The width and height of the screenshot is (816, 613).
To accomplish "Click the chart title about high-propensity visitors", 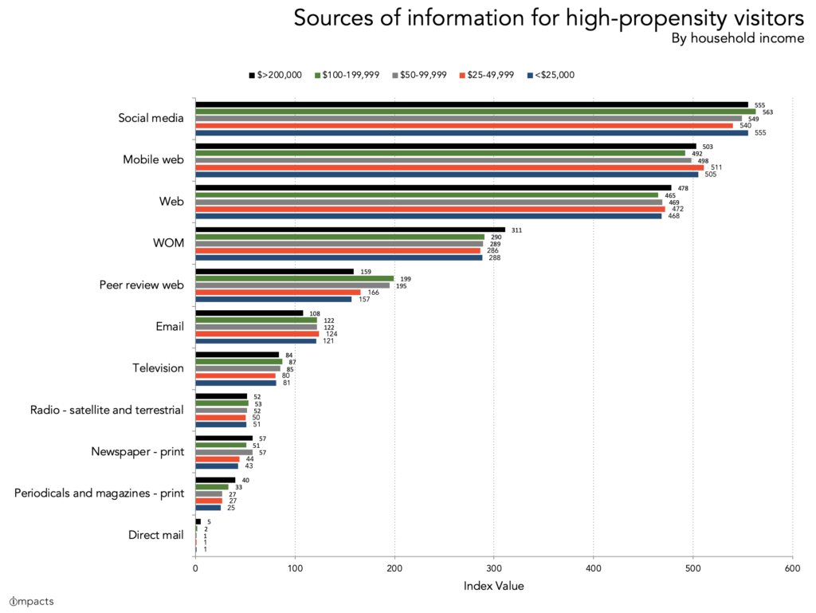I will [x=548, y=18].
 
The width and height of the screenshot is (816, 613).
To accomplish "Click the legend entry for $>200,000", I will [x=275, y=75].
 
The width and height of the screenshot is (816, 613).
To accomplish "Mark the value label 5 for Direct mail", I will [x=209, y=521].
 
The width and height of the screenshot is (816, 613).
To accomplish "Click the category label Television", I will [x=158, y=368].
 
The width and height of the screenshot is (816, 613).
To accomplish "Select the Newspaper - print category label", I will [x=138, y=452].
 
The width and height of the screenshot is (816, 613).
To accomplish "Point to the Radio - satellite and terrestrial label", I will [x=107, y=410].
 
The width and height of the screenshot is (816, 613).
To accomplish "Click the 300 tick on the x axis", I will [x=494, y=568].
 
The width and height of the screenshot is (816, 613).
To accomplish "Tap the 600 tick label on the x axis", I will [x=792, y=568].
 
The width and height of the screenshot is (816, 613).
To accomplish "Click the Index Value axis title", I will [x=493, y=586].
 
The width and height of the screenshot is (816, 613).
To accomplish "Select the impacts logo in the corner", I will [x=32, y=601].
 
